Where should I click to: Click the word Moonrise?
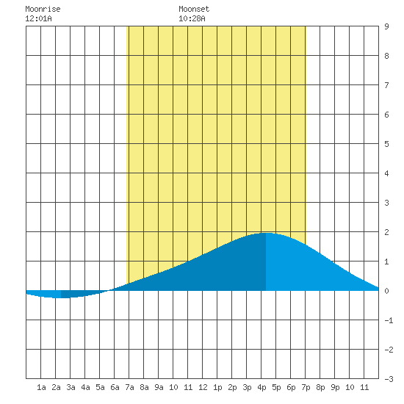pyautogui.click(x=43, y=9)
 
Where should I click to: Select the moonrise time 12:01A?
pyautogui.click(x=38, y=18)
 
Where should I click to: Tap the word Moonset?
pyautogui.click(x=194, y=9)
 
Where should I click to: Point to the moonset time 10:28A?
pyautogui.click(x=192, y=18)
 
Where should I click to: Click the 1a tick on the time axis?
pyautogui.click(x=41, y=387)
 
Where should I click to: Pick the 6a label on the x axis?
pyautogui.click(x=115, y=387)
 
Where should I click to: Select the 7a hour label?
pyautogui.click(x=129, y=387)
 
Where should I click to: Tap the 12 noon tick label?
pyautogui.click(x=203, y=387)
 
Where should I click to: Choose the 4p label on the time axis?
pyautogui.click(x=261, y=387)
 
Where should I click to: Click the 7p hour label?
pyautogui.click(x=306, y=387)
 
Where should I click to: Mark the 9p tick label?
pyautogui.click(x=335, y=387)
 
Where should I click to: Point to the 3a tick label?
pyautogui.click(x=71, y=387)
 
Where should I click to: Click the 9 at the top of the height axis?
pyautogui.click(x=386, y=26)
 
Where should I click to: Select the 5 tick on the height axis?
pyautogui.click(x=386, y=144)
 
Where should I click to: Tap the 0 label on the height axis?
pyautogui.click(x=386, y=291)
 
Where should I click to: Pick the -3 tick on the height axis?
pyautogui.click(x=389, y=379)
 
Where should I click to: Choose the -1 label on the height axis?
pyautogui.click(x=389, y=320)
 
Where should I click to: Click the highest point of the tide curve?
pyautogui.click(x=266, y=233)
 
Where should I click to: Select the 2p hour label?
pyautogui.click(x=232, y=387)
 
